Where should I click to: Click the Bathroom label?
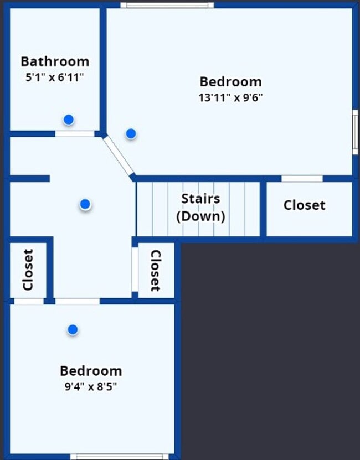[x=55, y=61]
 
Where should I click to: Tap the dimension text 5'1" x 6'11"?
[x=54, y=77]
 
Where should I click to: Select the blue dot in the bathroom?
[x=68, y=120]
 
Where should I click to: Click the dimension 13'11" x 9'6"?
[x=230, y=98]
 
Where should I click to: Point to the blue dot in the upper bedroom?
[x=131, y=133]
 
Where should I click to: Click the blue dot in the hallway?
[x=85, y=204]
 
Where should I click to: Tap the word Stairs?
[x=200, y=199]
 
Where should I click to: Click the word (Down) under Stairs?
[x=200, y=216]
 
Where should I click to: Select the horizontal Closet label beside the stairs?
[x=304, y=205]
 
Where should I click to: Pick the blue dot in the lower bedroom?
[x=73, y=330]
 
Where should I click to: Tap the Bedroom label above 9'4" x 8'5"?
[x=91, y=371]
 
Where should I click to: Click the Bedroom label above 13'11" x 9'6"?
[x=230, y=82]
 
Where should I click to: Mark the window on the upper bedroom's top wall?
[x=167, y=5]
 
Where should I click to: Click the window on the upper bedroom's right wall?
[x=355, y=132]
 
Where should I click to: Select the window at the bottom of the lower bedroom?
[x=120, y=457]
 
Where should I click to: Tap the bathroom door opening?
[x=74, y=133]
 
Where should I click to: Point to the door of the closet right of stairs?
[x=302, y=178]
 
